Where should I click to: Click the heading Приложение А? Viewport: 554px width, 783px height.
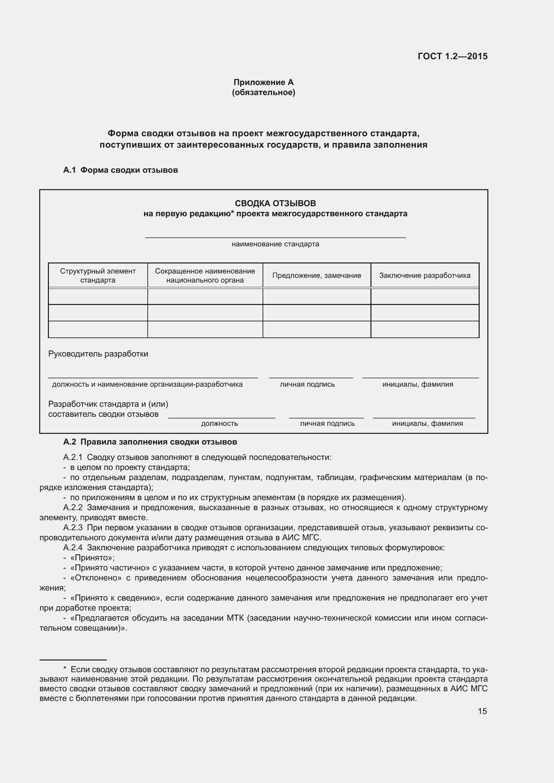[x=263, y=82]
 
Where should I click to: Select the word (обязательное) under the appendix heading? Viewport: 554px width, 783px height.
[x=263, y=92]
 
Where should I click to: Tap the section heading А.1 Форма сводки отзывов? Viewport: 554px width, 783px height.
[x=121, y=170]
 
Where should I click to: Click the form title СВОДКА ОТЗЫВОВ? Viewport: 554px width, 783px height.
[x=275, y=203]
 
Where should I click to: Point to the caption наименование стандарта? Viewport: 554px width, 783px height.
[x=275, y=244]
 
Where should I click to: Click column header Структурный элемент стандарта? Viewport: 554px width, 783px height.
[x=98, y=276]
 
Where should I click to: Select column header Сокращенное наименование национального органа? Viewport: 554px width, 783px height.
[x=205, y=276]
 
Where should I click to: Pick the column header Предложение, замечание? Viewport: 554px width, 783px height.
[x=317, y=276]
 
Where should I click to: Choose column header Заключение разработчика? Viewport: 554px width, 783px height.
[x=425, y=276]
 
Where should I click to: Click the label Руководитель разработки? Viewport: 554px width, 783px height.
[x=98, y=354]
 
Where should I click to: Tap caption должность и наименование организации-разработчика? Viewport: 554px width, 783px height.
[x=147, y=384]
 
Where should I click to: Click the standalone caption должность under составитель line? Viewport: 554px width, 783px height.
[x=219, y=423]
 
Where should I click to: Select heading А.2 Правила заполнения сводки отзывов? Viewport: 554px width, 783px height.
[x=150, y=442]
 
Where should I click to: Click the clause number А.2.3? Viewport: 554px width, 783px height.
[x=73, y=528]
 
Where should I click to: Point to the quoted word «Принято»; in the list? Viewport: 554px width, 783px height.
[x=92, y=558]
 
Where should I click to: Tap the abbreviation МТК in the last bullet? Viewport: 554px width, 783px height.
[x=235, y=618]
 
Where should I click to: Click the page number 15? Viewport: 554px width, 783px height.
[x=482, y=711]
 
